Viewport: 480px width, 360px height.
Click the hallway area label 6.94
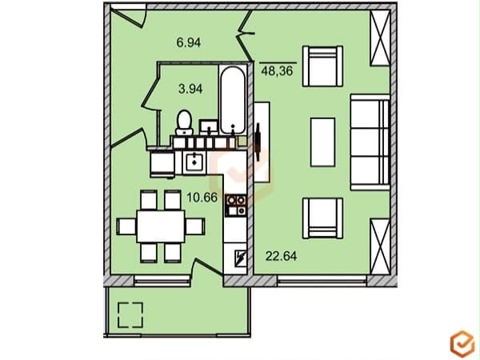pos(189,42)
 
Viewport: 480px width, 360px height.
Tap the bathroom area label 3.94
pos(190,89)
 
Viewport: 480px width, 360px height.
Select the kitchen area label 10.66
pos(202,198)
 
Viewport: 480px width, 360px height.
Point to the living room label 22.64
pos(281,256)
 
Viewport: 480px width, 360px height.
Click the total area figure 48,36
pos(278,71)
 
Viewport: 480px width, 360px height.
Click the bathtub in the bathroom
pos(233,99)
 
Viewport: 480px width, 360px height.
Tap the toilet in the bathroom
pos(184,123)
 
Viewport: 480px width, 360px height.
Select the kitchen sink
pos(193,163)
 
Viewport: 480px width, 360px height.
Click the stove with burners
pos(236,206)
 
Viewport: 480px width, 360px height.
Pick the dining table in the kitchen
pos(161,226)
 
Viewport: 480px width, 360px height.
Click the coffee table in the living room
pos(323,142)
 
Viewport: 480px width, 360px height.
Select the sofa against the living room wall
pos(370,142)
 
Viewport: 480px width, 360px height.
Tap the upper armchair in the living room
pos(322,66)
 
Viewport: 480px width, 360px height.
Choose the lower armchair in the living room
pos(322,218)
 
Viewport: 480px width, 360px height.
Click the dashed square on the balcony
pos(130,315)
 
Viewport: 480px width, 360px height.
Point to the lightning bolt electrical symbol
pos(239,258)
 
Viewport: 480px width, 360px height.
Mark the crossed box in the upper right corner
pos(380,37)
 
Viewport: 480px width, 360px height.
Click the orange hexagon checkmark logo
pos(462,343)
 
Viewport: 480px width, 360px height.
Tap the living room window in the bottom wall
pos(322,281)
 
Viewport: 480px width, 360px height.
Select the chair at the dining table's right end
pos(195,226)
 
